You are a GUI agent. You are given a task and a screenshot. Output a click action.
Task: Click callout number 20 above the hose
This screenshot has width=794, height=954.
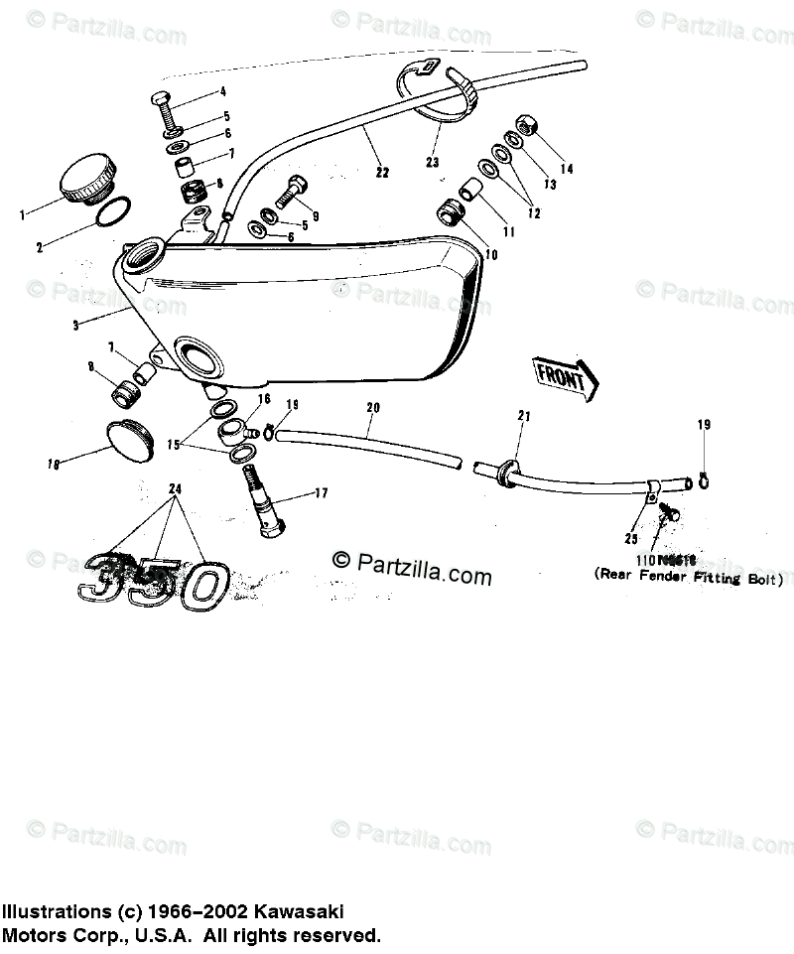(x=372, y=407)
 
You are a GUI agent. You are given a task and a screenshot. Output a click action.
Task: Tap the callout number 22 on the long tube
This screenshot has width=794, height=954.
(x=383, y=171)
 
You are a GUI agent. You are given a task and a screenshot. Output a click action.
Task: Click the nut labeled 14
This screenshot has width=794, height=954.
(x=526, y=128)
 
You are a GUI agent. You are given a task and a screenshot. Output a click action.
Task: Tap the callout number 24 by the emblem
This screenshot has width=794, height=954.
(x=176, y=489)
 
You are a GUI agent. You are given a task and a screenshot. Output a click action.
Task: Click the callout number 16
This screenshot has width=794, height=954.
(x=263, y=398)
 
